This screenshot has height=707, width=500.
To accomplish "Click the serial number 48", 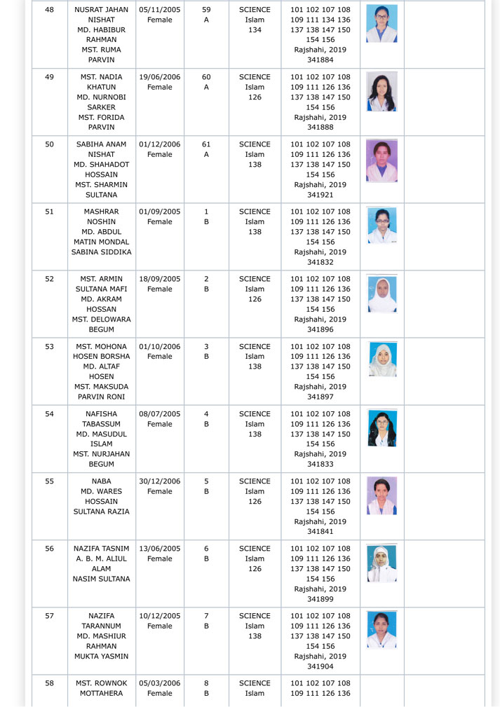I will pyautogui.click(x=49, y=10).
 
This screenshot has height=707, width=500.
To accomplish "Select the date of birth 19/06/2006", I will pyautogui.click(x=160, y=77).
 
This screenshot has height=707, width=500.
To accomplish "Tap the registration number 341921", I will pyautogui.click(x=320, y=195).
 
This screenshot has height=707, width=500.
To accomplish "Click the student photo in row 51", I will pyautogui.click(x=381, y=226).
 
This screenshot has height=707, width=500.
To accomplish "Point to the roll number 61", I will pyautogui.click(x=206, y=144).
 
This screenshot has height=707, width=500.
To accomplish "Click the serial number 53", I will pyautogui.click(x=49, y=347).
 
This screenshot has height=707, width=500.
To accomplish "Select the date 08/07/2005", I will pyautogui.click(x=160, y=414).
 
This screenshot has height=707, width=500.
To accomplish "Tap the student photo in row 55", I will pyautogui.click(x=381, y=495).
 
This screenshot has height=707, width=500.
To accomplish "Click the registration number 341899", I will pyautogui.click(x=320, y=599).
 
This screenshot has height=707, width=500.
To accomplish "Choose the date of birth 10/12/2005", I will pyautogui.click(x=160, y=616).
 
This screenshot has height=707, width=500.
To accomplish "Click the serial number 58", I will pyautogui.click(x=49, y=683).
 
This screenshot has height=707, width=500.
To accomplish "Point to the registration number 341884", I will pyautogui.click(x=320, y=60).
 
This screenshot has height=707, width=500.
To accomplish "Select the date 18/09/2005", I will pyautogui.click(x=160, y=279).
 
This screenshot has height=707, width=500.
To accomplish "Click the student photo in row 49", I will pyautogui.click(x=381, y=91).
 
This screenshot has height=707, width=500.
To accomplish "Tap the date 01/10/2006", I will pyautogui.click(x=160, y=347).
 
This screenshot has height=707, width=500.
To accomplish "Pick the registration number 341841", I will pyautogui.click(x=320, y=532).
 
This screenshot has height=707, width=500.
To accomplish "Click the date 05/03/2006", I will pyautogui.click(x=160, y=683).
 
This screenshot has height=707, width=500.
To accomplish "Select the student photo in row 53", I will pyautogui.click(x=382, y=360).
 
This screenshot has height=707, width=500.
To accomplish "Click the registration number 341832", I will pyautogui.click(x=320, y=262).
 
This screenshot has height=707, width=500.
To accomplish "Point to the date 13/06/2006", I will pyautogui.click(x=160, y=549).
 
